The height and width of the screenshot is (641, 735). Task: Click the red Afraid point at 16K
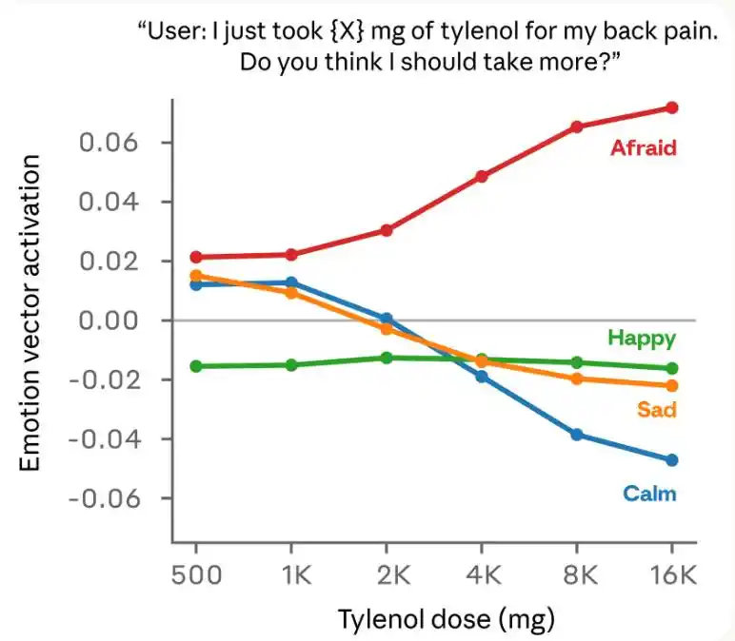pyautogui.click(x=672, y=107)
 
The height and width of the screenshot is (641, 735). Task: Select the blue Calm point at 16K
pyautogui.click(x=672, y=460)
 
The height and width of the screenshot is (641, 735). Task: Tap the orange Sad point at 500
pyautogui.click(x=196, y=276)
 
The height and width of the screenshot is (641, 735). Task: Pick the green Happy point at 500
pyautogui.click(x=196, y=366)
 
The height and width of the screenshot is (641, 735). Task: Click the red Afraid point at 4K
pyautogui.click(x=482, y=176)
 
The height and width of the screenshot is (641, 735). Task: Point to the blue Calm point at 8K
pyautogui.click(x=577, y=435)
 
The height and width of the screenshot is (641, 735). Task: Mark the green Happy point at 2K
pyautogui.click(x=387, y=358)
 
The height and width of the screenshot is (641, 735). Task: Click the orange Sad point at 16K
pyautogui.click(x=672, y=385)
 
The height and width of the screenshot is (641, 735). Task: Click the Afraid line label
pyautogui.click(x=643, y=147)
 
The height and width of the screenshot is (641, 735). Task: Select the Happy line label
pyautogui.click(x=641, y=338)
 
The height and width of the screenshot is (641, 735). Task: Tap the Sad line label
pyautogui.click(x=656, y=410)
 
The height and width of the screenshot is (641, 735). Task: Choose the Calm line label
pyautogui.click(x=649, y=493)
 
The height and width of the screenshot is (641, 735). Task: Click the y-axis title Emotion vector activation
pyautogui.click(x=30, y=314)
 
